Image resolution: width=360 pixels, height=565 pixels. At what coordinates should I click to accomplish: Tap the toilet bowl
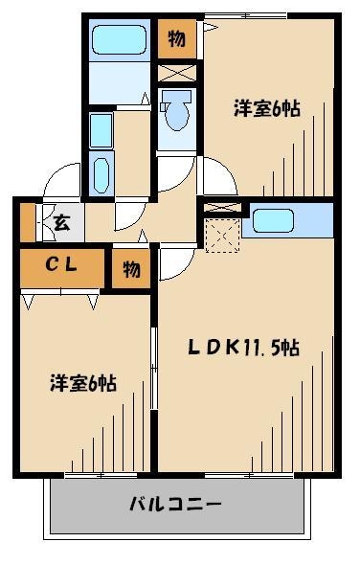coord(175,115)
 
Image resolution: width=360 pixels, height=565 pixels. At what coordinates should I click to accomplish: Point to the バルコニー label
coord(176,504)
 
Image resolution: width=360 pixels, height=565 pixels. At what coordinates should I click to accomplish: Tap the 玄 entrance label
coord(59,224)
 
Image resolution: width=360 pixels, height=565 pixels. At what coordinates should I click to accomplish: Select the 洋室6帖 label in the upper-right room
coord(267,108)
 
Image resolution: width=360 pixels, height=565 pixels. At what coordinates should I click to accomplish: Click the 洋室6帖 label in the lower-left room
coord(84,383)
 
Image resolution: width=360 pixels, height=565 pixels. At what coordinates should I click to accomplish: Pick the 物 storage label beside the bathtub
coord(176,38)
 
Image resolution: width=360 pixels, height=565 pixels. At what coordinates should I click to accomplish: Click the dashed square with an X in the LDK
coord(221,235)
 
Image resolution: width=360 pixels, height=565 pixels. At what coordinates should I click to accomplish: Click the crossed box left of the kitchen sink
coord(221,207)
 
